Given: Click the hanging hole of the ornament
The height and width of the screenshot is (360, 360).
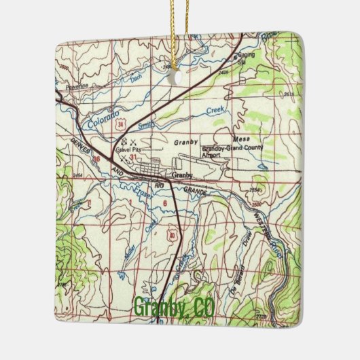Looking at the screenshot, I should tap(179, 78).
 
